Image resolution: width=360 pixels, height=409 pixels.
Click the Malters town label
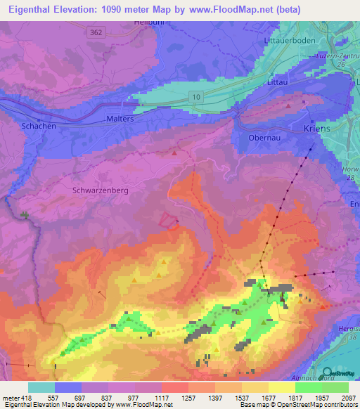click(120, 119)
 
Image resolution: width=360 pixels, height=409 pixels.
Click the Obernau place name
click(265, 138)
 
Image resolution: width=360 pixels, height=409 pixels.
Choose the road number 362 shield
click(95, 32)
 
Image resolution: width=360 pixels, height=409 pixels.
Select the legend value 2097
click(349, 398)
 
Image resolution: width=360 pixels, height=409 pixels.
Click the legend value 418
click(20, 398)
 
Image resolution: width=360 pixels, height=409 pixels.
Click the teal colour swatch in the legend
click(41, 387)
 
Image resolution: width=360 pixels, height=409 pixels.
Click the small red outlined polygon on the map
click(168, 221)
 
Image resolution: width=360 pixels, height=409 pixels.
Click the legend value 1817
click(295, 398)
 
